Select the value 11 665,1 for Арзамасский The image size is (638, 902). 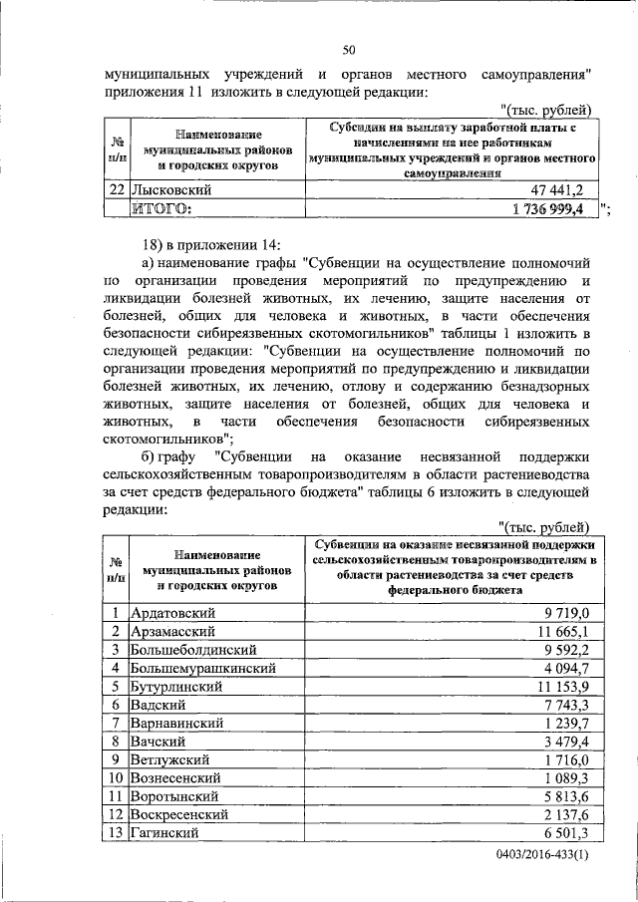564,632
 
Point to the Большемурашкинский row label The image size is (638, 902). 203,668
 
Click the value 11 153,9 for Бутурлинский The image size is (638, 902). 564,686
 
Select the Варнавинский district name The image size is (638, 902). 181,723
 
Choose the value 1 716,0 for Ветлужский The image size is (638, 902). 568,758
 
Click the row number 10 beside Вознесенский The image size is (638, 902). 116,777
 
